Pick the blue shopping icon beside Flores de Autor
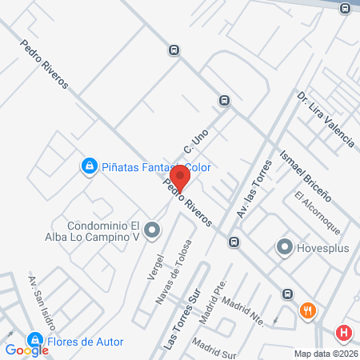click(x=34, y=341)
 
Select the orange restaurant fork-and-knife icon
click(x=306, y=310)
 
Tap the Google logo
click(x=27, y=350)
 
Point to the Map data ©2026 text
click(x=324, y=354)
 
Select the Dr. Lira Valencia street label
click(x=325, y=120)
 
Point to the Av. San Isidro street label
click(x=42, y=299)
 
